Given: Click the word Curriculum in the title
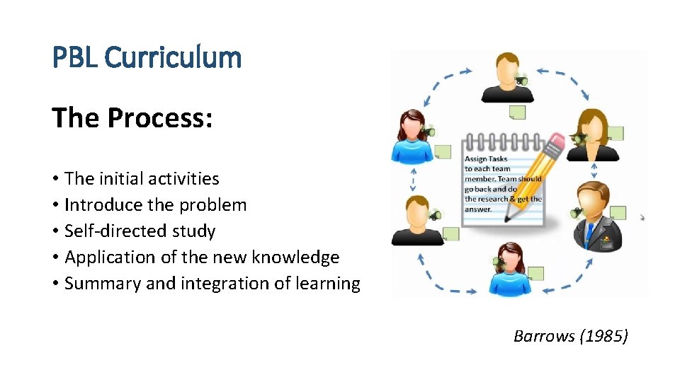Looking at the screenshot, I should point(173,57).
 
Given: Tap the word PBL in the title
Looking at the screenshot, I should point(76,57).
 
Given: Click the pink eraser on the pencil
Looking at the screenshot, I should point(557,144).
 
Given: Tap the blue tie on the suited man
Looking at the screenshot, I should point(589,234).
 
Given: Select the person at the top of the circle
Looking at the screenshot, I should point(506,76).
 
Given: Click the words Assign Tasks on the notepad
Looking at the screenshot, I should point(486,159).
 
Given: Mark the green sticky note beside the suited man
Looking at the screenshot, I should point(618,213).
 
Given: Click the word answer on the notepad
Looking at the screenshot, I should point(478,209).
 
